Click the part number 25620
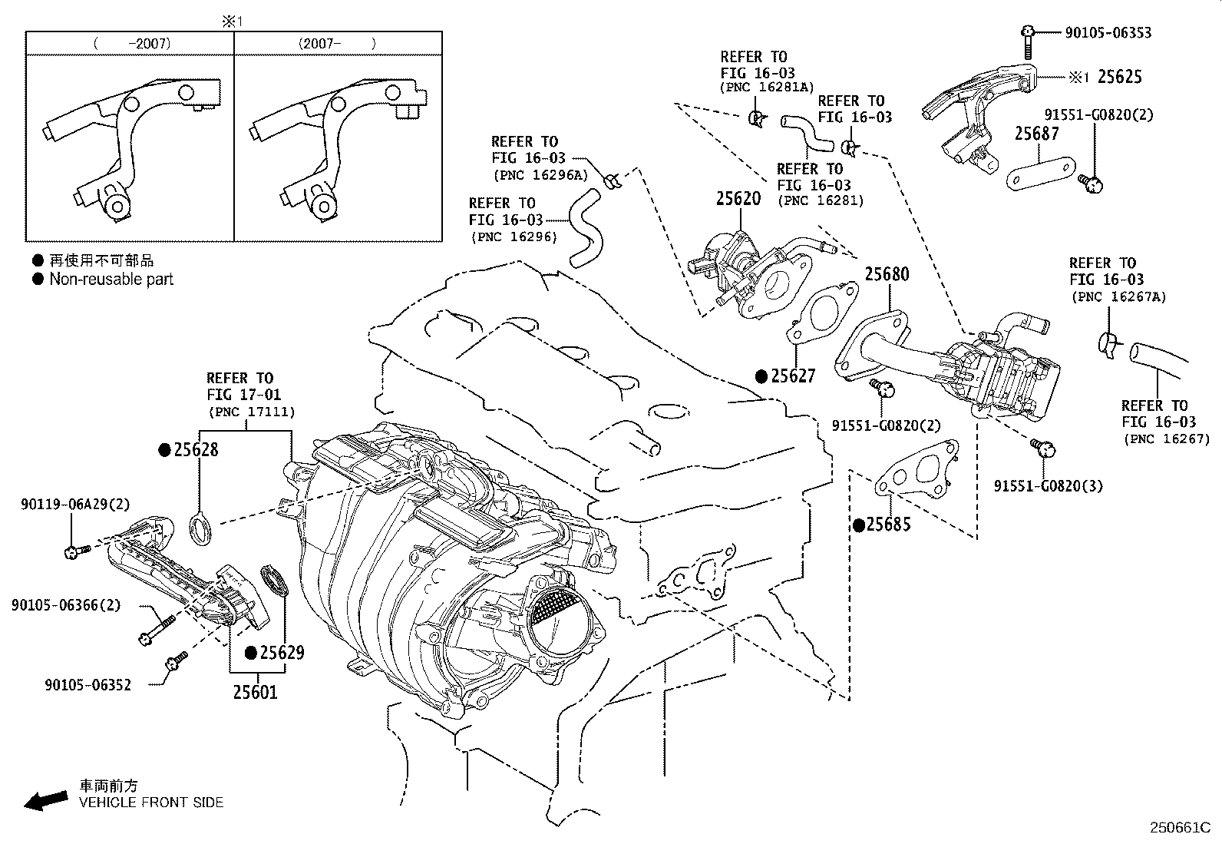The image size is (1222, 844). point(738,199)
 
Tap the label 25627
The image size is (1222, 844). point(793,376)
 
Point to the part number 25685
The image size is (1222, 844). point(888,525)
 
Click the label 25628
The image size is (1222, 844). point(196,450)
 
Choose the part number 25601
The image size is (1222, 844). point(255,693)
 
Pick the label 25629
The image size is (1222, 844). point(282,653)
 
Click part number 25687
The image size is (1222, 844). point(1036,134)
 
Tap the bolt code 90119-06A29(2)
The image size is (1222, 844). point(75,505)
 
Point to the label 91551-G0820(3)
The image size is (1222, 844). point(1048,486)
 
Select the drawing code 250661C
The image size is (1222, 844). point(1178,828)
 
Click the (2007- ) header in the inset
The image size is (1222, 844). point(337,44)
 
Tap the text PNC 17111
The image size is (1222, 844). point(252,412)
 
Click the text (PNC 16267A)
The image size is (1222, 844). point(1118,296)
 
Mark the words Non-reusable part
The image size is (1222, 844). point(111,280)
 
